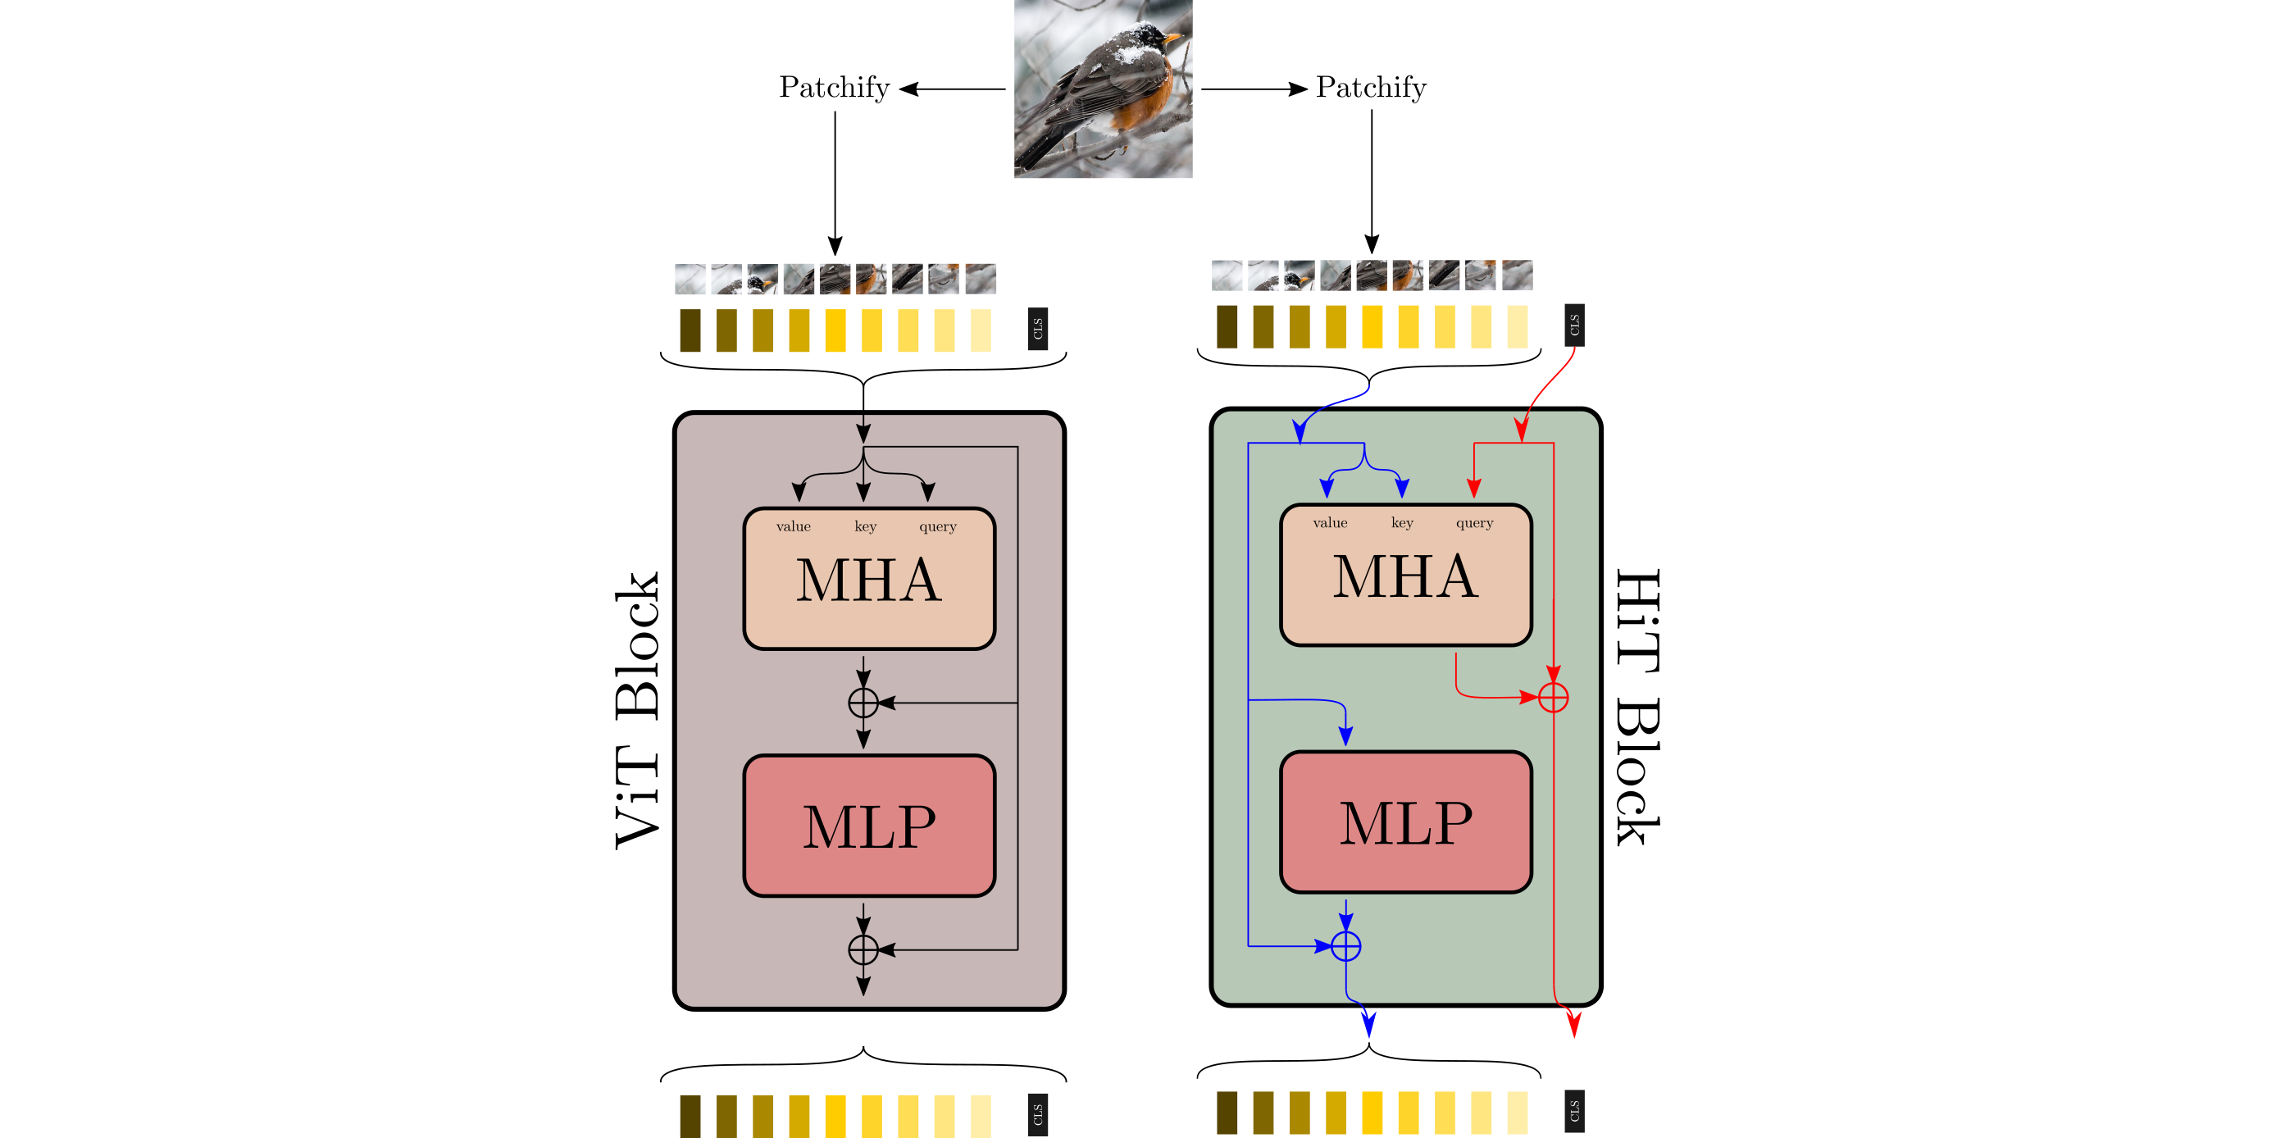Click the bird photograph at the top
[x=1103, y=89]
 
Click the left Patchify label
[x=833, y=88]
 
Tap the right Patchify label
[x=1370, y=88]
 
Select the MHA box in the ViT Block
[x=869, y=579]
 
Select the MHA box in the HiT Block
[x=1406, y=576]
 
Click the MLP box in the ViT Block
[x=869, y=826]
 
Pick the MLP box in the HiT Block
[x=1406, y=822]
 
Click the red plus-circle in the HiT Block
[x=1552, y=697]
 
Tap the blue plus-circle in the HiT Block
[x=1345, y=946]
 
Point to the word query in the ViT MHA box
[x=937, y=526]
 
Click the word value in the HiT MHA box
[x=1330, y=523]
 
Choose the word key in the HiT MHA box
[x=1401, y=523]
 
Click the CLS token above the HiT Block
[x=1573, y=325]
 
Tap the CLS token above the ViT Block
[x=1037, y=329]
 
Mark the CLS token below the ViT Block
[x=1037, y=1115]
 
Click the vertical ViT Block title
[x=638, y=712]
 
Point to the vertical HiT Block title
[x=1636, y=707]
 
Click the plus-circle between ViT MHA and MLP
[x=863, y=703]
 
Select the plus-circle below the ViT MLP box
[x=863, y=949]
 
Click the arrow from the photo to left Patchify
[x=953, y=89]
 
